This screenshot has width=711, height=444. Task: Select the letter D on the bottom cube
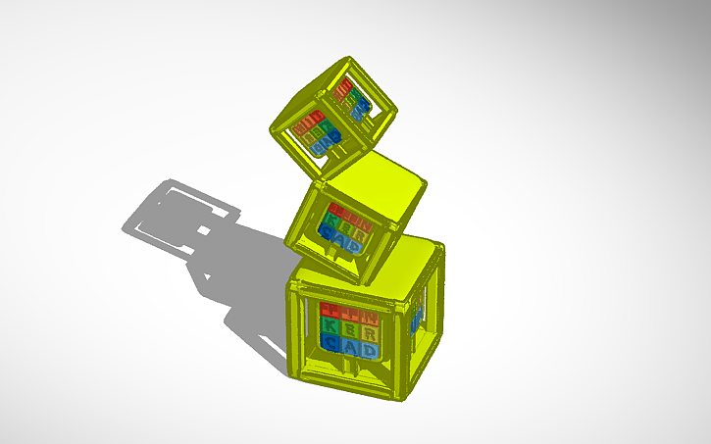coord(368,349)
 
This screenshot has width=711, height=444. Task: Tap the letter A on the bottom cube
coord(348,346)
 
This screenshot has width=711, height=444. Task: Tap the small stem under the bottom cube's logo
coord(349,368)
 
